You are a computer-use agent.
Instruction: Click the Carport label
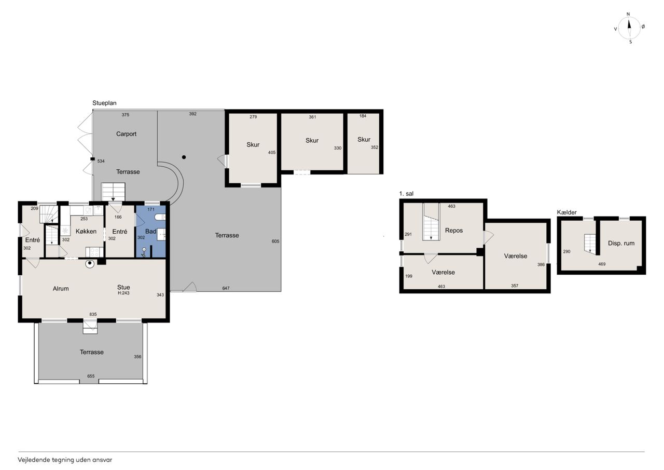[x=126, y=134]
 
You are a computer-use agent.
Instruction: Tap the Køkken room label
[x=86, y=232]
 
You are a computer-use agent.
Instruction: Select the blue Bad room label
[x=150, y=232]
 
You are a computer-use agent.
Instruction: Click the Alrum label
[x=61, y=288]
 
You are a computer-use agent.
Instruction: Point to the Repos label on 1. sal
[x=454, y=231]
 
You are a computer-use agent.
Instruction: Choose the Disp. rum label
[x=621, y=243]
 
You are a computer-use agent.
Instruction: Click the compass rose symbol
[x=629, y=28]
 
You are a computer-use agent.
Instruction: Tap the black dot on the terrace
[x=184, y=157]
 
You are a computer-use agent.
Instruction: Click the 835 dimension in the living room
[x=93, y=314]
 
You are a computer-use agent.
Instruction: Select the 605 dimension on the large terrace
[x=275, y=241]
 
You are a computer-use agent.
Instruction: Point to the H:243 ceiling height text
[x=123, y=293]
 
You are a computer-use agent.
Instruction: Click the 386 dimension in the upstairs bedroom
[x=541, y=265]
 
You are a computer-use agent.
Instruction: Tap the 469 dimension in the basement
[x=602, y=264]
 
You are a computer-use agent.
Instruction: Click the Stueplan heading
[x=104, y=103]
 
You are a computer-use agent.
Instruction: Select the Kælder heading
[x=567, y=212]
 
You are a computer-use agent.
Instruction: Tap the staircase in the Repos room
[x=431, y=222]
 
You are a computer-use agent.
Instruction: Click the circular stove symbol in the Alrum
[x=90, y=263]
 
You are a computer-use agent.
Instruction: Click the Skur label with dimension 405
[x=253, y=145]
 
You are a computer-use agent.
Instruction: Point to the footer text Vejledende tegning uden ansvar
[x=65, y=460]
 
